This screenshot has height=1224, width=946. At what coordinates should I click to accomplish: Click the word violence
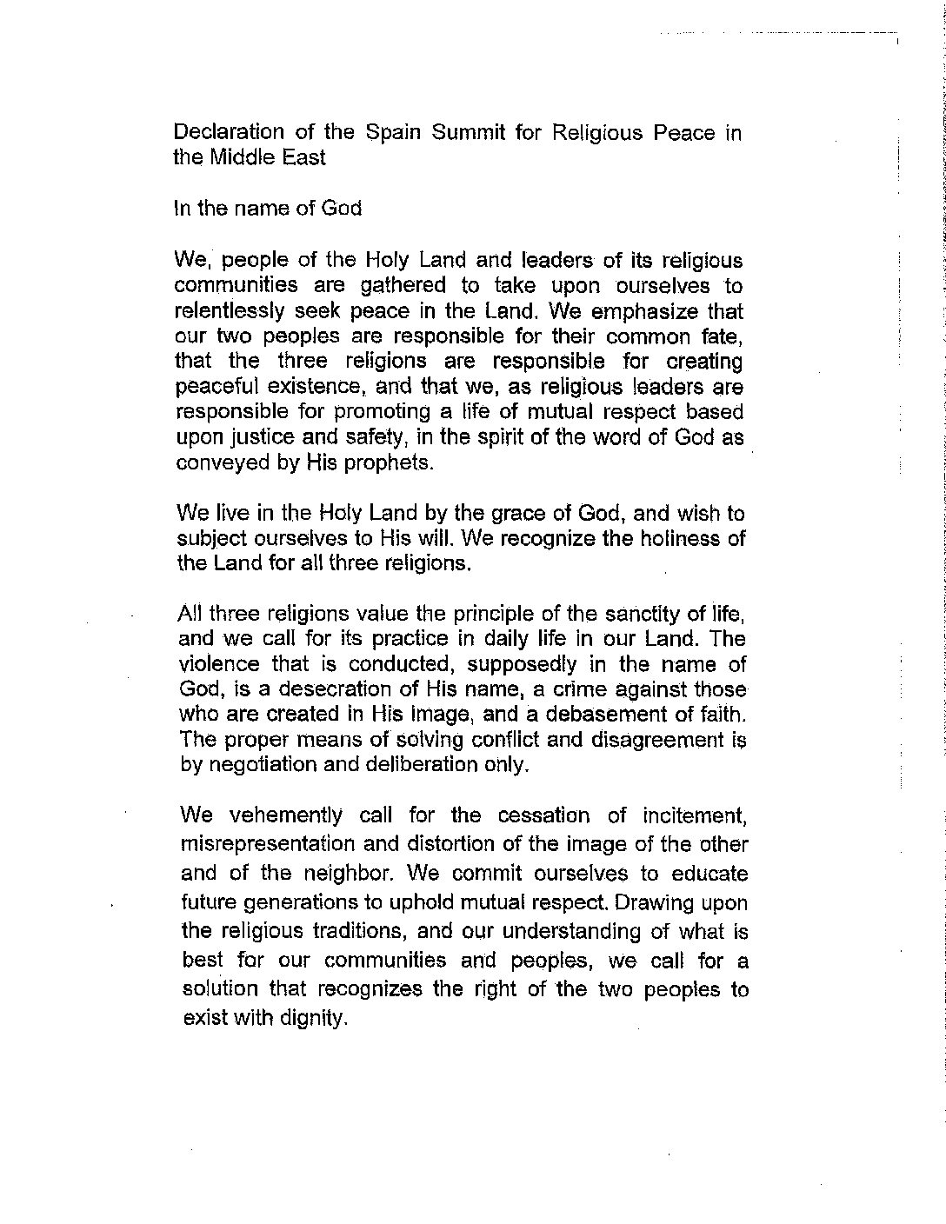pyautogui.click(x=218, y=665)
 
